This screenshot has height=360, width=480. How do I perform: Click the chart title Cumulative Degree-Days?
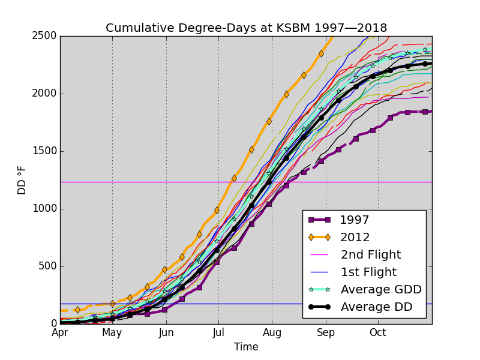(x=246, y=28)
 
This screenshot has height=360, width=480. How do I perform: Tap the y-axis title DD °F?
(x=22, y=180)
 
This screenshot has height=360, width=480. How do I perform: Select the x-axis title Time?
(x=246, y=347)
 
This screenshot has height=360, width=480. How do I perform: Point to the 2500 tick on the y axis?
(x=46, y=36)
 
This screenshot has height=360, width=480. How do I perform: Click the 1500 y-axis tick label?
(x=46, y=151)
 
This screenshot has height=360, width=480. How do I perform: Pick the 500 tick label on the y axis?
(x=49, y=266)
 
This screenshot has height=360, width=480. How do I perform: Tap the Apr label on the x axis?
(x=60, y=332)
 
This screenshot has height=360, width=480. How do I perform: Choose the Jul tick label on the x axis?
(x=218, y=332)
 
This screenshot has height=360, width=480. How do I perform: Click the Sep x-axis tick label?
(x=326, y=332)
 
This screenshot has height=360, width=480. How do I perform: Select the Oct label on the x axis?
(x=378, y=332)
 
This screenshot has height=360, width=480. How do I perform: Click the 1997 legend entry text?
(x=355, y=220)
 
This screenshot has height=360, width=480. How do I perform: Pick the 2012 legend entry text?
(x=355, y=238)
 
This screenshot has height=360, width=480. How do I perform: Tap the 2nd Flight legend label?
(x=371, y=255)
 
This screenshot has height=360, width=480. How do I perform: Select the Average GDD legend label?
(x=381, y=290)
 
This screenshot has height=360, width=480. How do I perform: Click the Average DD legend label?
(x=376, y=307)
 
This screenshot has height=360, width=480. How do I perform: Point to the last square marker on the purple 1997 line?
(x=425, y=112)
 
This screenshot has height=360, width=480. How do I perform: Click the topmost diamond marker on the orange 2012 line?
(x=321, y=53)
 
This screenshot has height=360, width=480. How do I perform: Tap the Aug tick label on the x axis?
(x=272, y=332)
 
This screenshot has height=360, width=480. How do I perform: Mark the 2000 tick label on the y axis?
(x=46, y=94)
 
